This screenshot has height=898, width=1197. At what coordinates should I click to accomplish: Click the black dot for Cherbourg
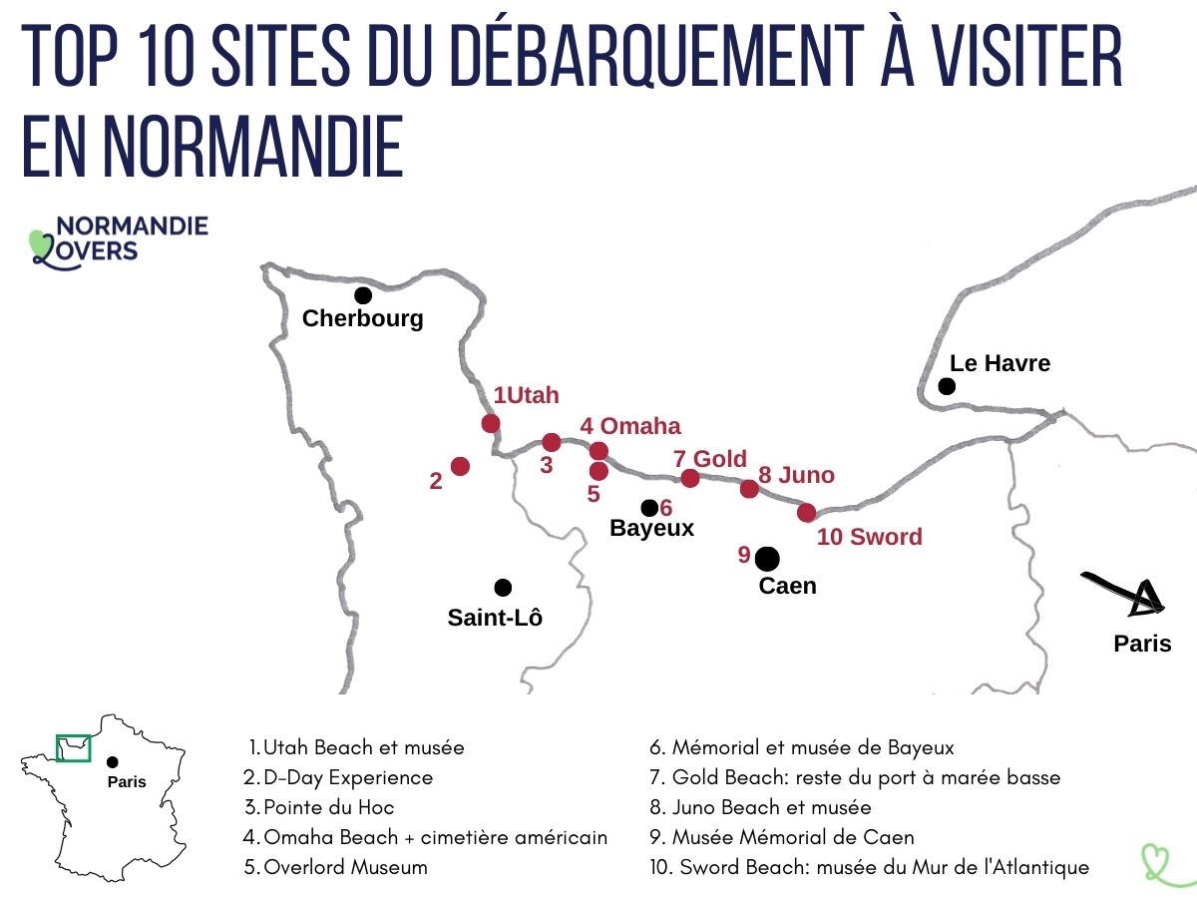coord(363,295)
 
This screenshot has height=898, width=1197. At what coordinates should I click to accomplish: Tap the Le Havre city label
coord(999,363)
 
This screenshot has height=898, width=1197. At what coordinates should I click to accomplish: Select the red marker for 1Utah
coord(490,423)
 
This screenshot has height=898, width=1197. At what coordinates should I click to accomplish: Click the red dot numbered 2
coord(460,466)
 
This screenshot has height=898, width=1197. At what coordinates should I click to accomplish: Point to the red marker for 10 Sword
coord(807,513)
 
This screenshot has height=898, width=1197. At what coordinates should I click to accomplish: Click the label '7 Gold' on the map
coord(709,459)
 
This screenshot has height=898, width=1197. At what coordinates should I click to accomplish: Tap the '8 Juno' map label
coord(796,475)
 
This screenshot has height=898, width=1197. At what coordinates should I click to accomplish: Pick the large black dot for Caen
coord(767,558)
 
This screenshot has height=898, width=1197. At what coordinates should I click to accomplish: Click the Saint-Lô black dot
coord(503,587)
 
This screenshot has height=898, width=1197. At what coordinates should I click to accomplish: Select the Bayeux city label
coord(651,529)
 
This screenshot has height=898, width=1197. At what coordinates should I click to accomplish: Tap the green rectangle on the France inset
coord(73,747)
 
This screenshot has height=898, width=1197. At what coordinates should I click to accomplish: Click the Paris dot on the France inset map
coord(112,762)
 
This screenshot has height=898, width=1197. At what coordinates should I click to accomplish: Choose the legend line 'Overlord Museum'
coord(345,867)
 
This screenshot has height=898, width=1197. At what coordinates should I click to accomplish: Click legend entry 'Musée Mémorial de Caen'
coord(792,837)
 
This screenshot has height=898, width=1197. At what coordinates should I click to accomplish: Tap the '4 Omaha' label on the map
coord(630,427)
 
